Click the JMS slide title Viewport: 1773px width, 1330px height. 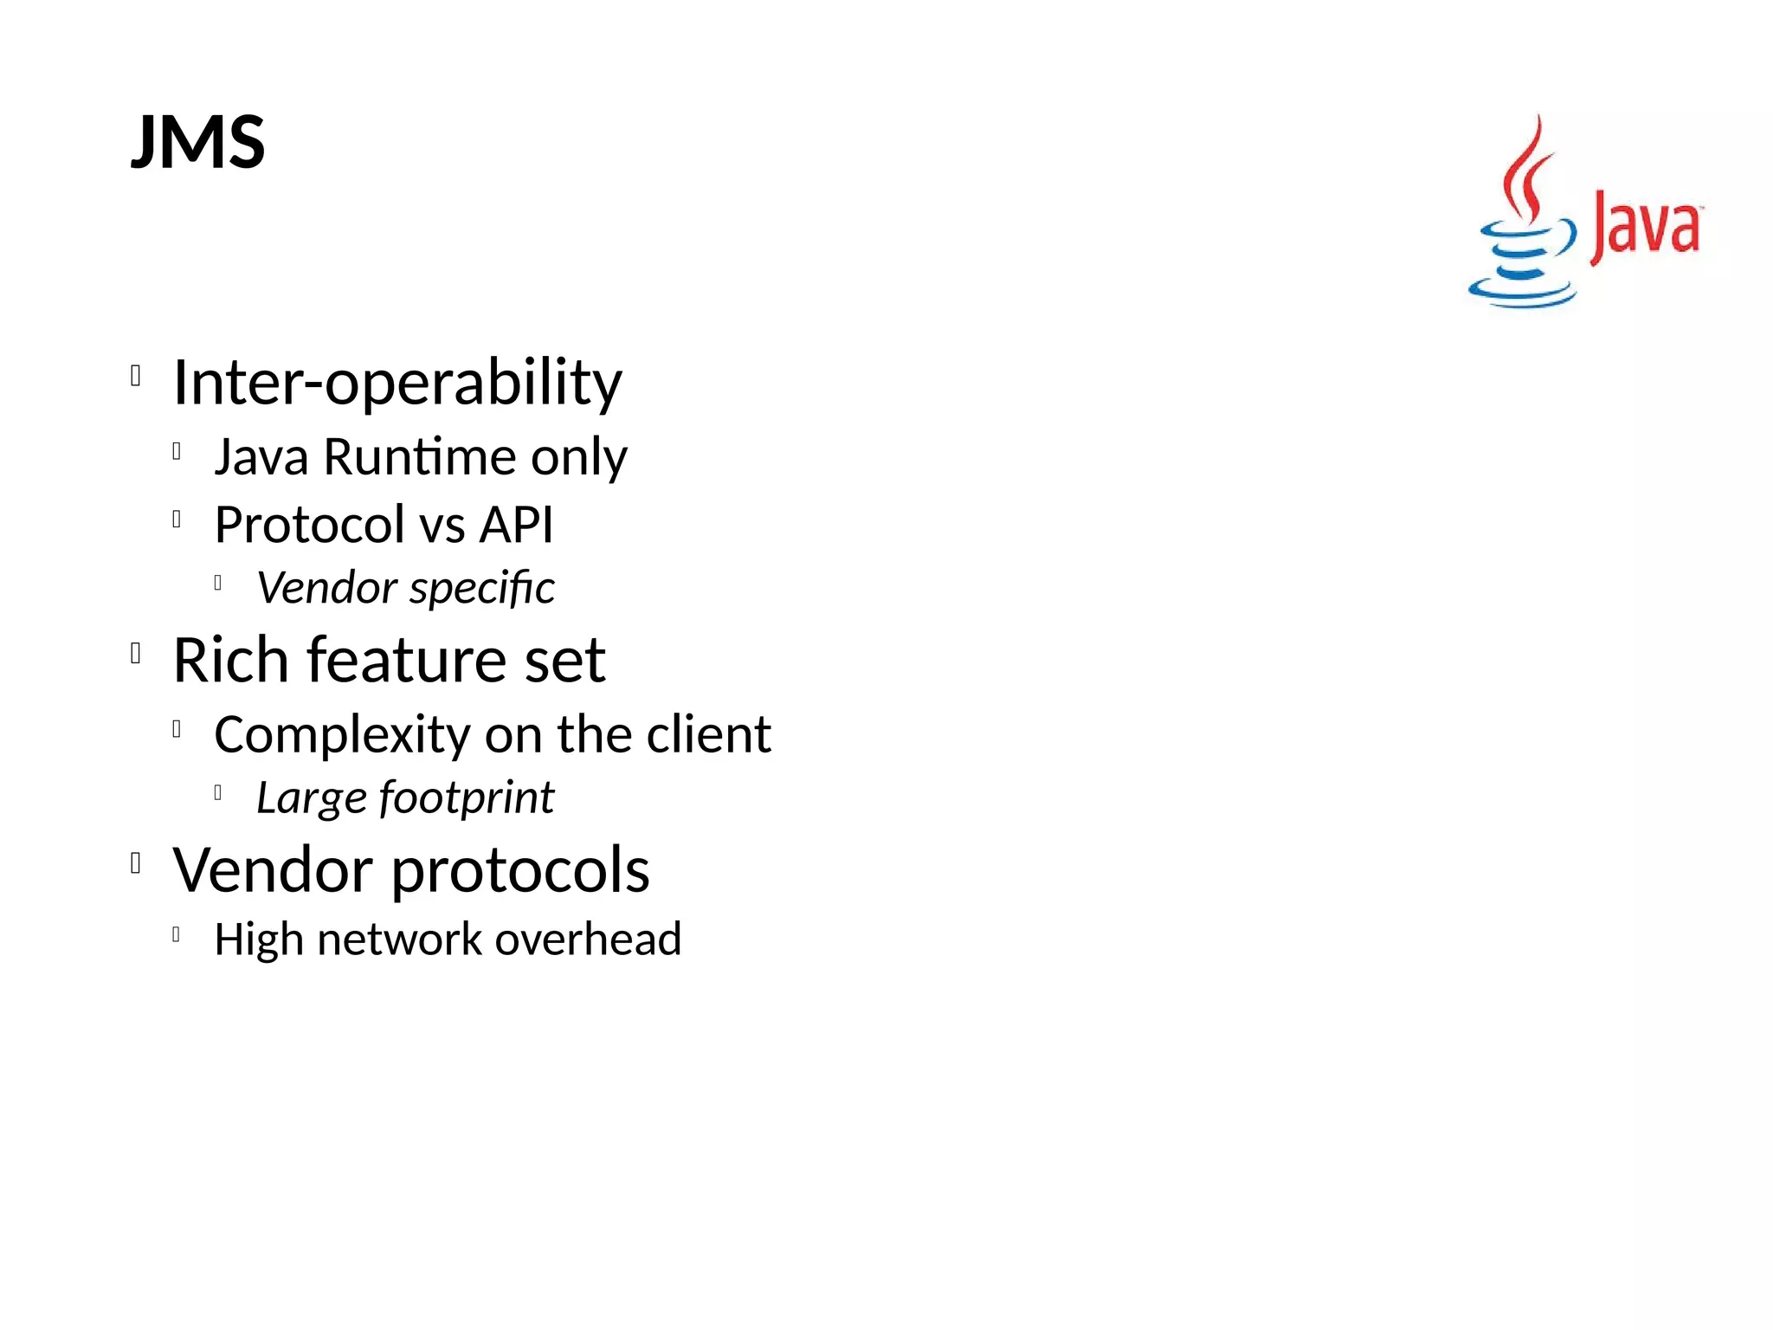point(198,142)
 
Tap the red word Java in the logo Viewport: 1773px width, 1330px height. point(1646,227)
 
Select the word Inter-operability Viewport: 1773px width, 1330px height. point(397,382)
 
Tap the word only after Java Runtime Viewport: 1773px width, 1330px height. point(578,458)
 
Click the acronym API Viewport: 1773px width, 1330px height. point(516,525)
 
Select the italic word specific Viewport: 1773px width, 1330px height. point(482,589)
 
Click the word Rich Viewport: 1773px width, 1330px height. point(230,660)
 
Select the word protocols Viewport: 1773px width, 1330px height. point(520,870)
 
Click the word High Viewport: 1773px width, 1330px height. point(258,939)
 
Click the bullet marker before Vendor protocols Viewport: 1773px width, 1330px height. point(136,863)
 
